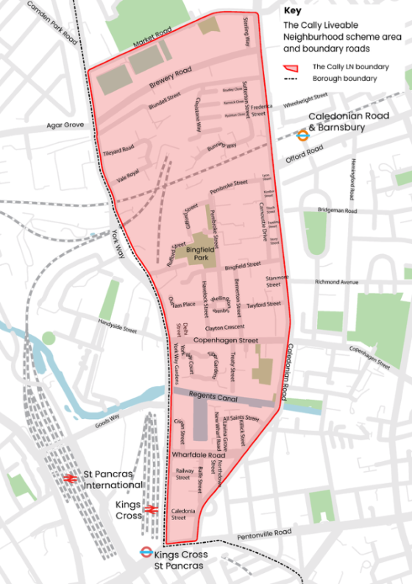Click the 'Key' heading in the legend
(292, 11)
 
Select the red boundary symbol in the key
(294, 66)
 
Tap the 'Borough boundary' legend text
(344, 78)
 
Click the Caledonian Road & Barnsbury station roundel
(302, 135)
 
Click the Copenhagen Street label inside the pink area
(226, 341)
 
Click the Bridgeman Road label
(338, 211)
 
